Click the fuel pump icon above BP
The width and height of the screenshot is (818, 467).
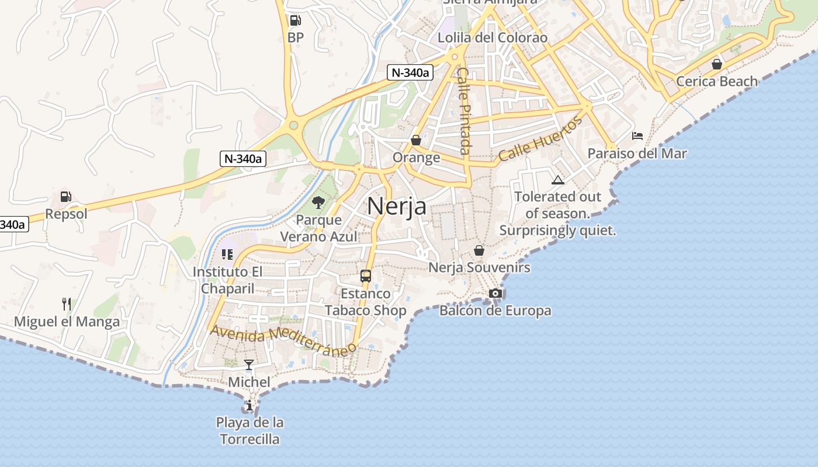coord(295,21)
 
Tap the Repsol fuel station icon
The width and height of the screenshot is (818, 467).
coord(66,197)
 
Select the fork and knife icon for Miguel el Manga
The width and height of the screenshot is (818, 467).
coord(67,304)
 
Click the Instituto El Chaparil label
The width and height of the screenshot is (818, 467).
coord(228,280)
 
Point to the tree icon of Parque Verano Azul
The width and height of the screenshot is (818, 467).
coord(318,203)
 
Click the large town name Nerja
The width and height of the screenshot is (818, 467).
coord(397,207)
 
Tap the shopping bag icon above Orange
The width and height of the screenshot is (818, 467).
coord(416,140)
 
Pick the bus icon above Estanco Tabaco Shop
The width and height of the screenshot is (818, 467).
coord(366,276)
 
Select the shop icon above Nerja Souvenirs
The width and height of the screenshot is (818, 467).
coord(479,250)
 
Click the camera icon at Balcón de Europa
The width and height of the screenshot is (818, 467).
coord(495,293)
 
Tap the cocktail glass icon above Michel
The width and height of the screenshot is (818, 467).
coord(249,365)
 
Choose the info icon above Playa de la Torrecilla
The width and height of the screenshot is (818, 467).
coord(249,405)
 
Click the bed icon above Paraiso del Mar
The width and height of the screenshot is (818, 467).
coord(637,136)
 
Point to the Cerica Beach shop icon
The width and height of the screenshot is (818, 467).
coord(717,64)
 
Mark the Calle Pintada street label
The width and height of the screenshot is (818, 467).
coord(464,111)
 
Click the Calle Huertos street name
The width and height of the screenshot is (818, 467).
coord(540,139)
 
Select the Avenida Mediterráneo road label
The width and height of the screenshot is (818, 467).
coord(283,340)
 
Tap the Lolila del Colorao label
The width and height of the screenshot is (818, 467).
coord(493,38)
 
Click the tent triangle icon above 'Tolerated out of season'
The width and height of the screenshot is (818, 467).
coord(558,180)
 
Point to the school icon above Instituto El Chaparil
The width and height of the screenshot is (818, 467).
coord(227,255)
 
